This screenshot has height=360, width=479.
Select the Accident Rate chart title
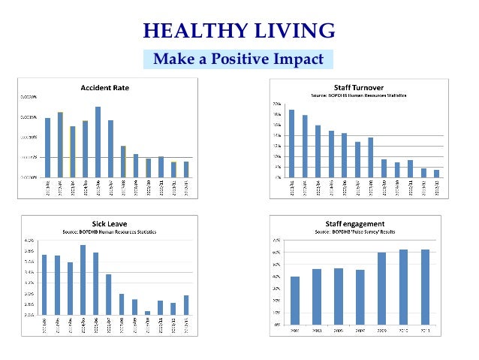(104, 88)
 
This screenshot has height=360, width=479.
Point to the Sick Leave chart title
(104, 223)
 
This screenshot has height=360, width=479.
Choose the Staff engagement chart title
(354, 224)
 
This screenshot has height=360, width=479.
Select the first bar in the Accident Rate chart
(47, 147)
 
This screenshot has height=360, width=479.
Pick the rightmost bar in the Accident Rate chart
(186, 169)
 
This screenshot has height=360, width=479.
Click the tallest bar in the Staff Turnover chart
(291, 143)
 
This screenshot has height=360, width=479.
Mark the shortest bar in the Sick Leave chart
(147, 313)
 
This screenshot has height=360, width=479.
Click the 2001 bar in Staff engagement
(295, 300)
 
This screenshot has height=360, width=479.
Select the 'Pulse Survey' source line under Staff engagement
(354, 232)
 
